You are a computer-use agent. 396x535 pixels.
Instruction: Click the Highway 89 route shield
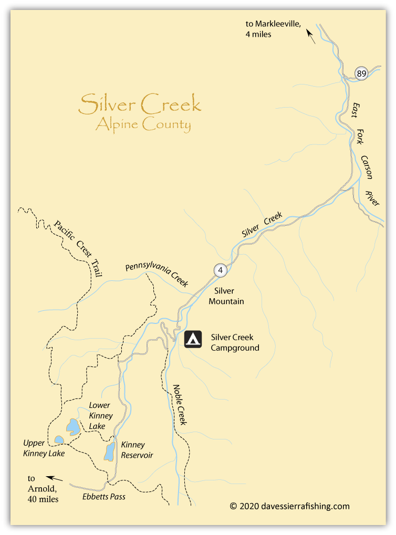361,74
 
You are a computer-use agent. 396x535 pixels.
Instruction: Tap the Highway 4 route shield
221,270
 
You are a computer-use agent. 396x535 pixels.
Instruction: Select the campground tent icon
193,339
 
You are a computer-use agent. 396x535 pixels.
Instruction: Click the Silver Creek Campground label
235,342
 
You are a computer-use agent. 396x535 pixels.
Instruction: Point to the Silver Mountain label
226,296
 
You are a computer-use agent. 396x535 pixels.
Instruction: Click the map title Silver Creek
140,104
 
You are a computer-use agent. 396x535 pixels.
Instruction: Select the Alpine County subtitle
143,125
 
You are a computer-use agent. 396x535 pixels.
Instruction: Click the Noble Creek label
180,405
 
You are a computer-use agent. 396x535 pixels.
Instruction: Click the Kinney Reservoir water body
109,451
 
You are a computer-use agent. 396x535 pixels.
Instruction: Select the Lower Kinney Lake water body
72,427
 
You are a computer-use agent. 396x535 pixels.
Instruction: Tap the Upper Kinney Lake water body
59,439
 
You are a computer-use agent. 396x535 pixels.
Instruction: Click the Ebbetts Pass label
104,496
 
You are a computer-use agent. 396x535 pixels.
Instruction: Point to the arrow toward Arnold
54,478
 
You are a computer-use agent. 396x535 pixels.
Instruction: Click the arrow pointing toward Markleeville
311,37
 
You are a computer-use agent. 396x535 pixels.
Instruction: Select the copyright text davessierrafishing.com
289,506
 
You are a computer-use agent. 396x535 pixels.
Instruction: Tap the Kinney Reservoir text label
137,450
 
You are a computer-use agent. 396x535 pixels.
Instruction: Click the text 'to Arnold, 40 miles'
40,489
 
